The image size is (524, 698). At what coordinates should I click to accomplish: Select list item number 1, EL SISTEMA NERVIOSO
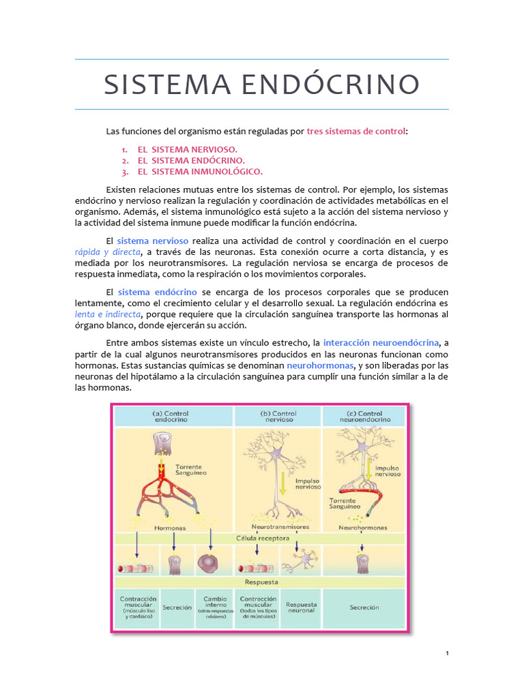tap(188, 149)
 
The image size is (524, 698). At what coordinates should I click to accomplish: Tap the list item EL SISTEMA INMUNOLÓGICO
tap(200, 171)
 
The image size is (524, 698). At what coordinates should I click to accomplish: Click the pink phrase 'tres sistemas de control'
tap(356, 130)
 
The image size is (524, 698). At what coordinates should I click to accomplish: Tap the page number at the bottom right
tap(447, 654)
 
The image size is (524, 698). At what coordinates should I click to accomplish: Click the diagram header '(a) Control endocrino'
tap(171, 416)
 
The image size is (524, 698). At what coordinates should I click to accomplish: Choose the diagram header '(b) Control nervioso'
tap(278, 416)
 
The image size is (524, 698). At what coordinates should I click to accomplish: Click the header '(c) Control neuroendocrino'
tap(365, 416)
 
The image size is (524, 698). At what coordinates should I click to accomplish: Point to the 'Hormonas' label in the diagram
tap(170, 528)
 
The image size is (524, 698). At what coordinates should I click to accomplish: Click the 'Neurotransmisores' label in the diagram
tap(280, 527)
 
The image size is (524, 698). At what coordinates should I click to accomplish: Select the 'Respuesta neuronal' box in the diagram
tap(301, 607)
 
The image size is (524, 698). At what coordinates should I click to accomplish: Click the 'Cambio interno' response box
tap(215, 606)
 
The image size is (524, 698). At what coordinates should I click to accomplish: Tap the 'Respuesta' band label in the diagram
tap(261, 582)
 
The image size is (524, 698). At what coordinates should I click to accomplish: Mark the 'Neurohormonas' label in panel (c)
tap(362, 527)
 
